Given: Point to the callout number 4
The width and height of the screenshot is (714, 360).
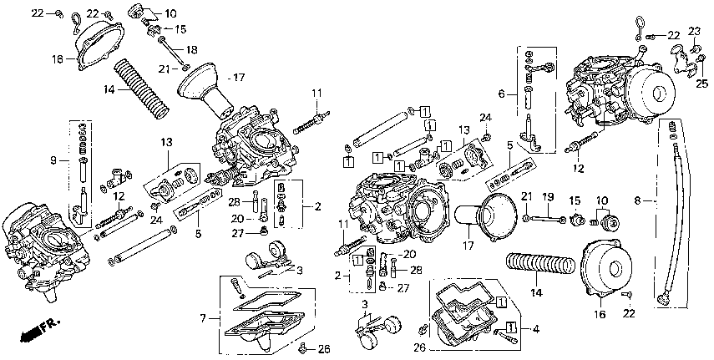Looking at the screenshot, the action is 536,328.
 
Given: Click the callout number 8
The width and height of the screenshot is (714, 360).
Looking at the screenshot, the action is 638,200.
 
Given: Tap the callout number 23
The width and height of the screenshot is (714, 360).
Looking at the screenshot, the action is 694,32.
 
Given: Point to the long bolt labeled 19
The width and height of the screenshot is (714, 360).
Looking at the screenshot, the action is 548,220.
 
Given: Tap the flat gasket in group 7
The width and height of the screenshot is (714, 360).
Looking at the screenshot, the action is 267,300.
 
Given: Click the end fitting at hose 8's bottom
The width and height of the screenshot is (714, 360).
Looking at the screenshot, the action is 663,299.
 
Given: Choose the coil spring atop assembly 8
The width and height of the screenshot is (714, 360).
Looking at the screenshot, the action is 672,126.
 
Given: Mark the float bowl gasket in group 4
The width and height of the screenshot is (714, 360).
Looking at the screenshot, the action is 467,297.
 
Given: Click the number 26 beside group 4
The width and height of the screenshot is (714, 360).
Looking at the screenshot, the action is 419,347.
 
